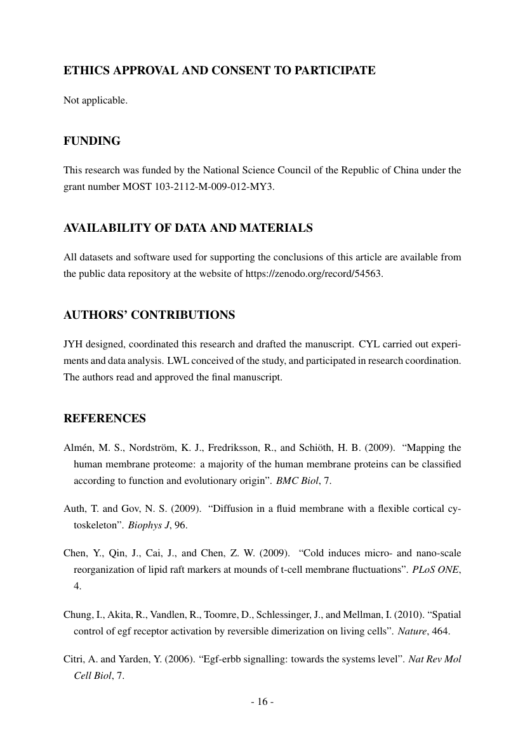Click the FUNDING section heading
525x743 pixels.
click(x=92, y=141)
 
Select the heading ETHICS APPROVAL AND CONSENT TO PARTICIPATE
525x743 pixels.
click(x=220, y=70)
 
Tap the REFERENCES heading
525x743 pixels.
click(x=105, y=418)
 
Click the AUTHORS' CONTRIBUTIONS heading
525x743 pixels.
click(x=149, y=315)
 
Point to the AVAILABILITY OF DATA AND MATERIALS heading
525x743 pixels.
click(x=188, y=228)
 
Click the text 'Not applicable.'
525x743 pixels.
click(x=96, y=100)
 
